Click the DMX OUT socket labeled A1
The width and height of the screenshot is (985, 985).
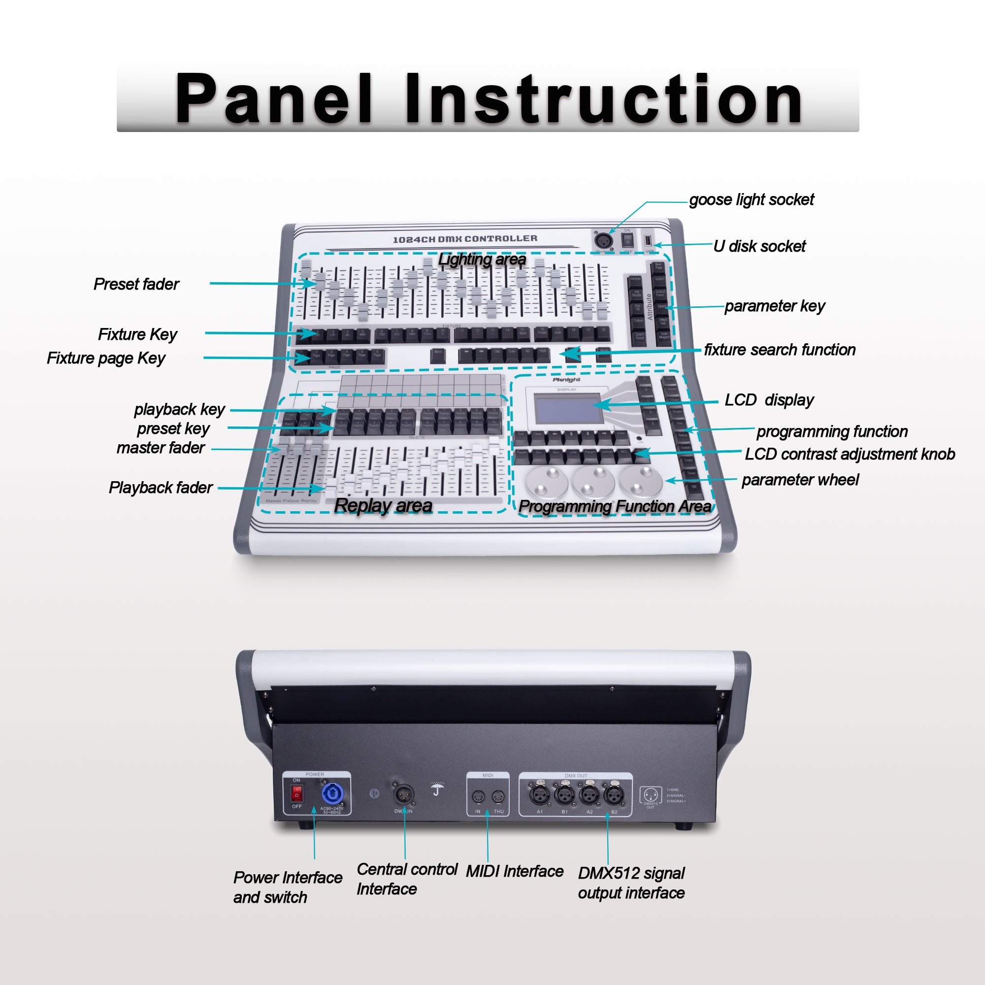(x=539, y=794)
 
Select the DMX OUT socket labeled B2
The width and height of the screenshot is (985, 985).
(x=613, y=794)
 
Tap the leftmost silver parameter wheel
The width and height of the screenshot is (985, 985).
(x=547, y=481)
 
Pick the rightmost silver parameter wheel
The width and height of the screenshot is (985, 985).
(x=641, y=481)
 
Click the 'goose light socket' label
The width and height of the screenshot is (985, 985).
(x=752, y=199)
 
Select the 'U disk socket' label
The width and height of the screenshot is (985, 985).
(x=759, y=246)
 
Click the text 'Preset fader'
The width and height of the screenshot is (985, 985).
(x=136, y=284)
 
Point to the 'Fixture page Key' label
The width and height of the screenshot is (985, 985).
(x=106, y=358)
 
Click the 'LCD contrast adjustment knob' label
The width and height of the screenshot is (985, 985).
(x=850, y=454)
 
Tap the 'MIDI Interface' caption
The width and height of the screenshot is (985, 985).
(x=515, y=871)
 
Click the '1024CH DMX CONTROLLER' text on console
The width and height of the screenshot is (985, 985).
(x=465, y=238)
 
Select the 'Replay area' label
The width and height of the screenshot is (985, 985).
(x=383, y=505)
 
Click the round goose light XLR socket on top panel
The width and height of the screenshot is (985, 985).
(x=604, y=240)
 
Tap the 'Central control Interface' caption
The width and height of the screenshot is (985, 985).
(x=406, y=879)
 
